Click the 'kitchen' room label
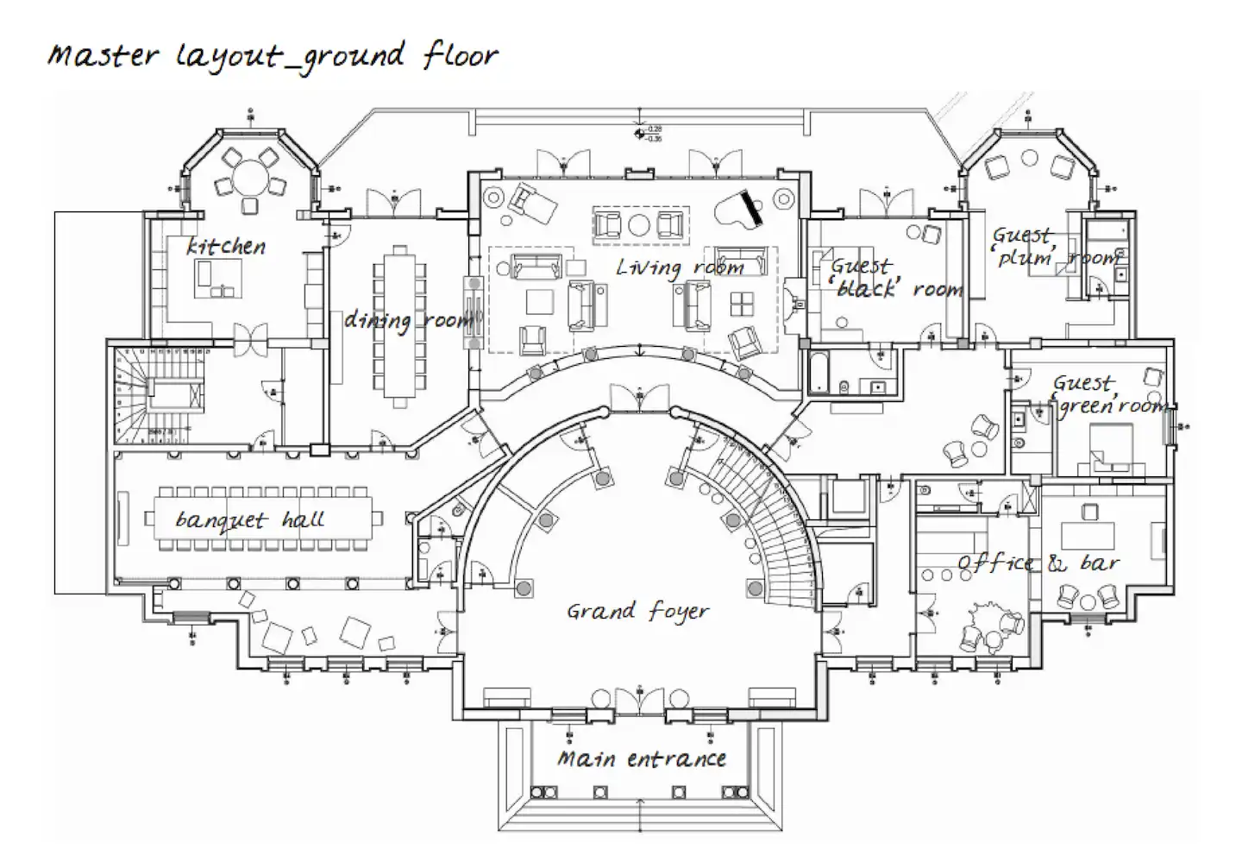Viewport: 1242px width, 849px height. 226,247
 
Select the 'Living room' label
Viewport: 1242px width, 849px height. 680,267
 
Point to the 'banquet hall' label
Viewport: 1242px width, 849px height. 249,520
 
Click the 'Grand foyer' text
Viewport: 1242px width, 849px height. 637,612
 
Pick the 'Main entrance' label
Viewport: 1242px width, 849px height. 641,759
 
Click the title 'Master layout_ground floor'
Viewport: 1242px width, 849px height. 273,56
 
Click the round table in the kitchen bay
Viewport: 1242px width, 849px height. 250,178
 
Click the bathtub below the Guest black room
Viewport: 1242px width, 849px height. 820,374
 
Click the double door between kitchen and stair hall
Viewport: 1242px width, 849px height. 251,339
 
